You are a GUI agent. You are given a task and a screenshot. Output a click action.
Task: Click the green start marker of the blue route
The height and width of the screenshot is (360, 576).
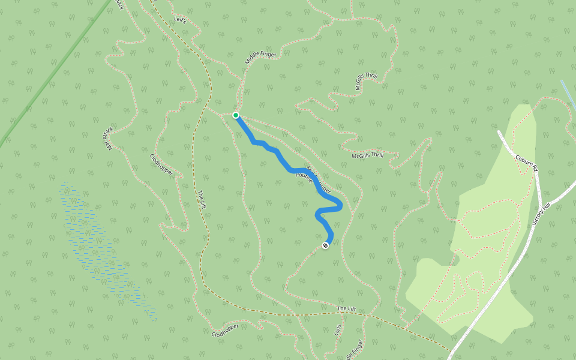point(236,115)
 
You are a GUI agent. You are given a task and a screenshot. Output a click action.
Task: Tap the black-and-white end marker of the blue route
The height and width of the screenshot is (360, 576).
point(325,245)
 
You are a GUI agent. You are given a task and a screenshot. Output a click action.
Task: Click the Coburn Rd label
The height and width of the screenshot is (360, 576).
point(526,163)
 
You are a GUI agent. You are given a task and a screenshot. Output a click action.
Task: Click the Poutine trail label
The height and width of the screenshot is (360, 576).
point(304,178)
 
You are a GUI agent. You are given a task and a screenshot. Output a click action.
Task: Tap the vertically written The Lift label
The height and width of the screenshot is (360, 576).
point(202,199)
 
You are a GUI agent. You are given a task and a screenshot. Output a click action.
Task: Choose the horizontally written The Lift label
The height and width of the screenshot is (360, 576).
point(346,308)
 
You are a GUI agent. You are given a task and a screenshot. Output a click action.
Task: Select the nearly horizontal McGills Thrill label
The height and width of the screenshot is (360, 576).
point(367,155)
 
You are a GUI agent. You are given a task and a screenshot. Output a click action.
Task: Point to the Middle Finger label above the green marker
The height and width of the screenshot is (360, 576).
point(260,58)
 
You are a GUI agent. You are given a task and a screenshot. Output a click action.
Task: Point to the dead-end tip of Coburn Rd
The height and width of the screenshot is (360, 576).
point(499,131)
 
